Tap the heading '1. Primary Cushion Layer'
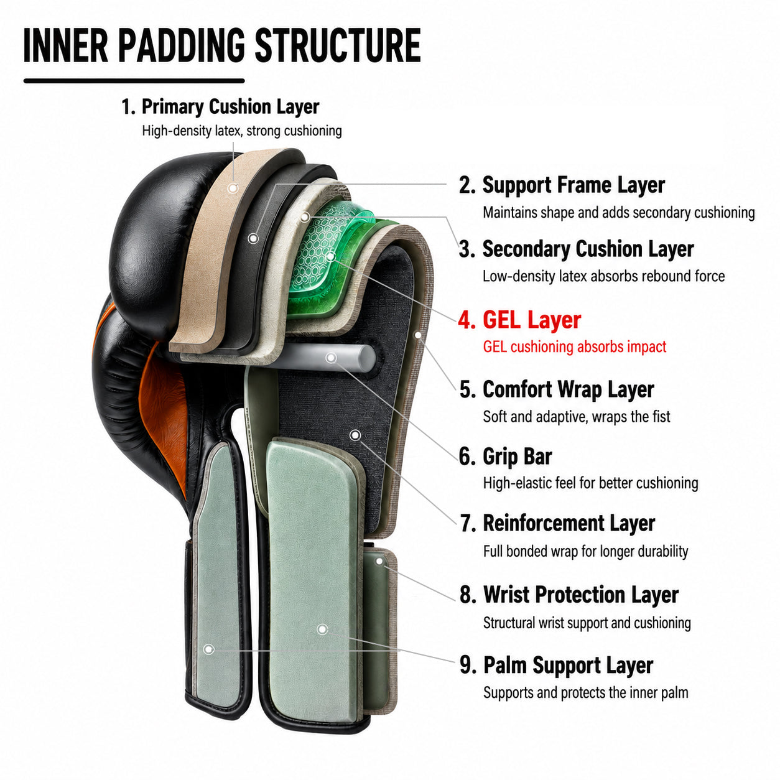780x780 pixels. point(220,107)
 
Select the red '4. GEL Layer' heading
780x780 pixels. point(520,320)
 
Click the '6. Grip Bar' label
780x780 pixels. point(505,456)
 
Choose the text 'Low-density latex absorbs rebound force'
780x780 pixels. point(603,276)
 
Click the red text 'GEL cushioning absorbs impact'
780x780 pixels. point(575,347)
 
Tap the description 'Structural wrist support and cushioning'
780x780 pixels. point(587,623)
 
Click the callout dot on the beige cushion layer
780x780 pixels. point(233,188)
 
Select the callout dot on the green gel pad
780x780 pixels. point(330,256)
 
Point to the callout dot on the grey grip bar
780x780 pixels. point(331,358)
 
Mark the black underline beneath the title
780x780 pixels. point(134,81)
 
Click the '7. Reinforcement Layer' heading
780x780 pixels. point(557,523)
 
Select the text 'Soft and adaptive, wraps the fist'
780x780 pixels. point(577,417)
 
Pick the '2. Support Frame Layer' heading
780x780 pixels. point(562,185)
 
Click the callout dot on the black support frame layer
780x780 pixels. point(253,238)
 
